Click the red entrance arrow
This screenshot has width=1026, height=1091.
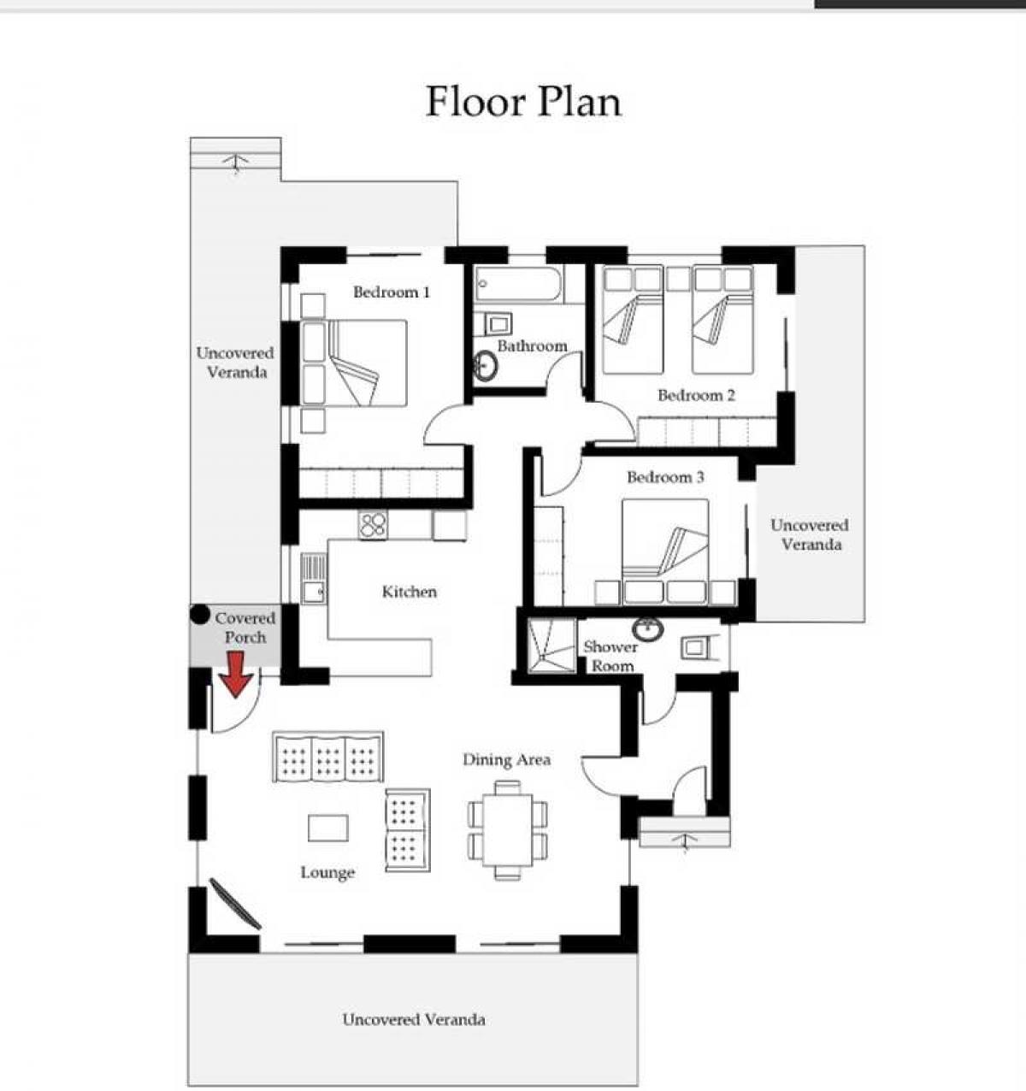tap(236, 675)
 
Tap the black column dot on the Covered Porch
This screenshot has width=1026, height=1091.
tap(199, 615)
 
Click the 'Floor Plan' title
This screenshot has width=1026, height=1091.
tap(523, 102)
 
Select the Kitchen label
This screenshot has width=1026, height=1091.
tap(410, 592)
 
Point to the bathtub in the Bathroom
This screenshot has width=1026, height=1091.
tap(518, 284)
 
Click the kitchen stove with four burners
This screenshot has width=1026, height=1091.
tap(373, 525)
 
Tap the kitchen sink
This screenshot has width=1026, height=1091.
tap(314, 578)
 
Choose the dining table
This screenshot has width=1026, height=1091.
tap(507, 830)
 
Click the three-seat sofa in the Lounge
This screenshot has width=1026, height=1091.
tap(328, 757)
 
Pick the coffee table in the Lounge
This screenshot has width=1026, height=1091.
tap(328, 828)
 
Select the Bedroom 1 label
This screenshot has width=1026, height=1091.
tap(392, 292)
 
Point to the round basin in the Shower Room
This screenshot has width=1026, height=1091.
tap(648, 628)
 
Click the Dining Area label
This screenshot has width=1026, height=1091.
tap(507, 760)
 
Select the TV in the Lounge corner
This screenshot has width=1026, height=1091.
tap(235, 904)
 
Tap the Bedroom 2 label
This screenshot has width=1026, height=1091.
tap(696, 395)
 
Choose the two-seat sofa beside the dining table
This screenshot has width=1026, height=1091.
tap(408, 830)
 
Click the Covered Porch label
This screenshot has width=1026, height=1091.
tap(245, 628)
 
